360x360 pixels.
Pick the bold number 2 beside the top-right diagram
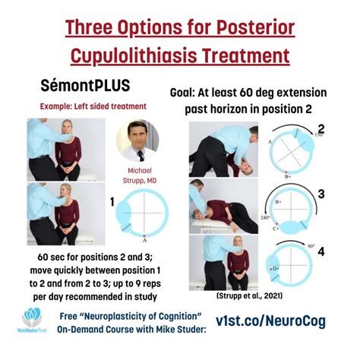coord(321,129)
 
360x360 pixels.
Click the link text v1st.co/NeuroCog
coord(271,321)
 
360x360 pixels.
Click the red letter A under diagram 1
coord(144,236)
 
